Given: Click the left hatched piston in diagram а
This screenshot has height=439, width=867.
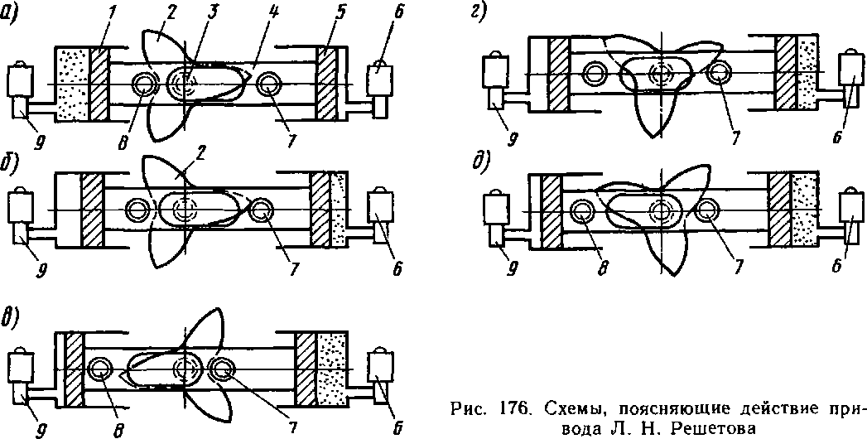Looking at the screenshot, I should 100,86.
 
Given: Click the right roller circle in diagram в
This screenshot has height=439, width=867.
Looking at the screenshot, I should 221,369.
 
